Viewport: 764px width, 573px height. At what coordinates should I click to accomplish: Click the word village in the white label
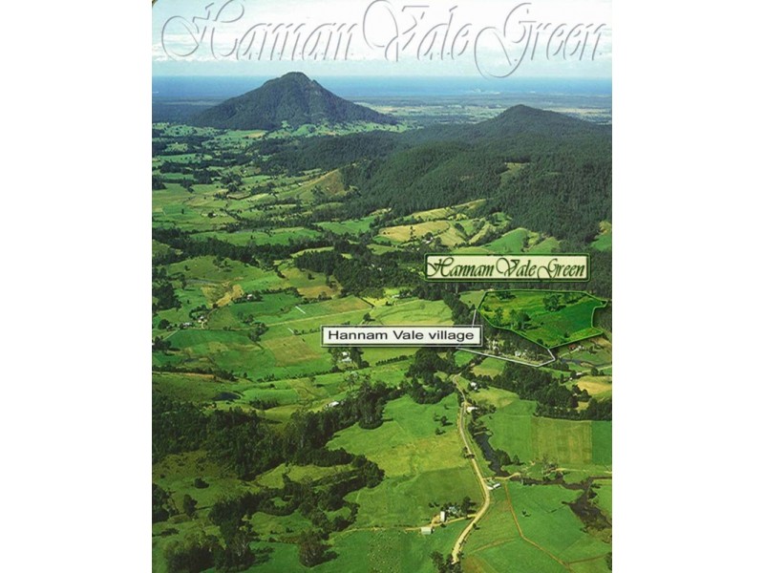coord(451,336)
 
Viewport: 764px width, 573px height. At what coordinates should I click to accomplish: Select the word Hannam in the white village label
coord(352,336)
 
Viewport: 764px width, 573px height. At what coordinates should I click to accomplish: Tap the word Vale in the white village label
coord(402,336)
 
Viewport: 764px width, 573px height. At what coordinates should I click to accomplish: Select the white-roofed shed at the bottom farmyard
coord(441,516)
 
